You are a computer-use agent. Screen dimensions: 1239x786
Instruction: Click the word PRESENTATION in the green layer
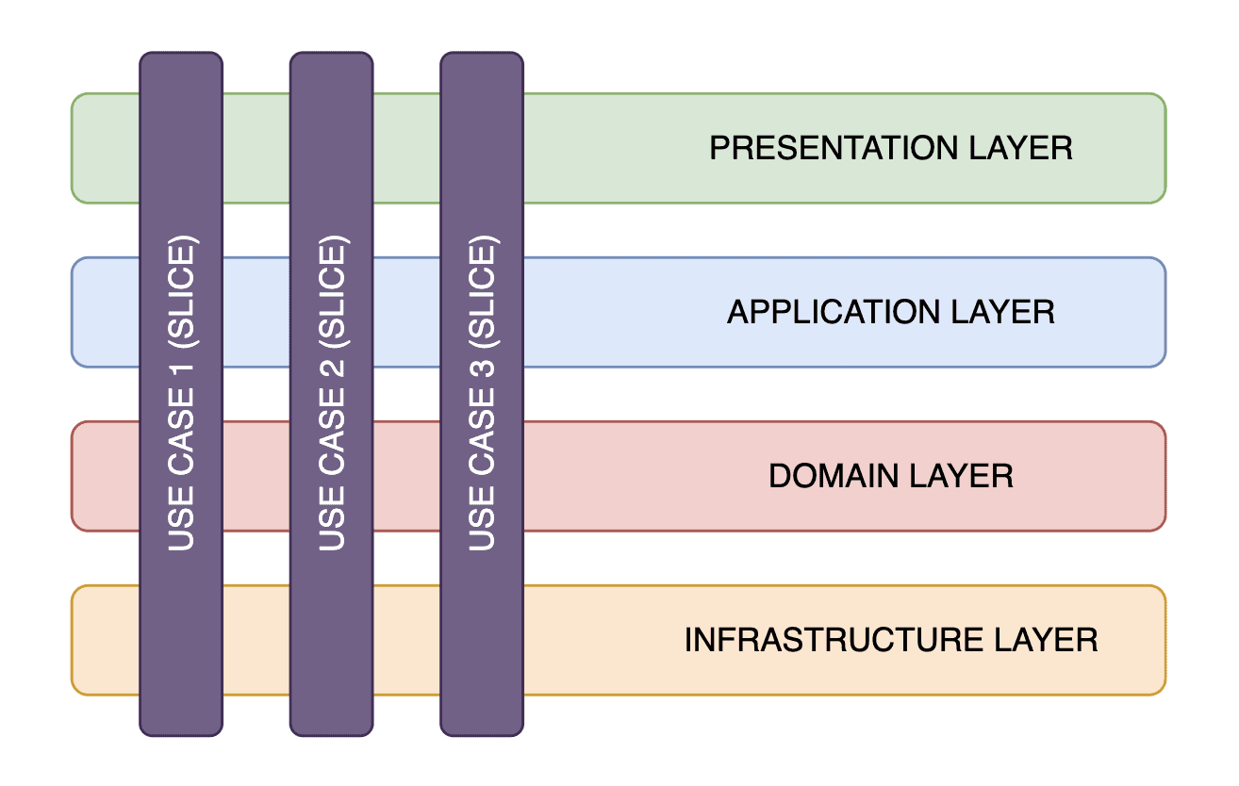[834, 148]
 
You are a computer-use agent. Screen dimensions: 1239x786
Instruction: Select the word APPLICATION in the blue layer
[834, 312]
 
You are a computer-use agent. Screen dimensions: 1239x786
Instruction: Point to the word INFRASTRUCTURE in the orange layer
[834, 640]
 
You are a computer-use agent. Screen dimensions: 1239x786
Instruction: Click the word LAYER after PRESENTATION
[1021, 148]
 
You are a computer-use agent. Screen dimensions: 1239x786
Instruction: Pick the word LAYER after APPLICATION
[1003, 312]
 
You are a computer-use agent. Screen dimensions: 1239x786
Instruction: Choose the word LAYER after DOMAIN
[962, 476]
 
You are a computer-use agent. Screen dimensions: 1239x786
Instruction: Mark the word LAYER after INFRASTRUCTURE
[1046, 640]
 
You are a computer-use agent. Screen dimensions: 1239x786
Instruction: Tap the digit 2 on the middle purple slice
[332, 368]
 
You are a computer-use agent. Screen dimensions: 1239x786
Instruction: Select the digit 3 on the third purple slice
[482, 368]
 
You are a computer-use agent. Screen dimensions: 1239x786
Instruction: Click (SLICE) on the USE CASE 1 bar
[181, 292]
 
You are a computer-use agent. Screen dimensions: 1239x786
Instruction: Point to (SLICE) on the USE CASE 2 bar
[333, 292]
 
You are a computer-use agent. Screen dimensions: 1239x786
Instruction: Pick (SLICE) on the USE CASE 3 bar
[483, 292]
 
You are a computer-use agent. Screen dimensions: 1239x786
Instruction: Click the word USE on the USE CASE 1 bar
[181, 518]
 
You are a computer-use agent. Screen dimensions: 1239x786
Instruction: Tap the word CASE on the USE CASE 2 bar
[332, 432]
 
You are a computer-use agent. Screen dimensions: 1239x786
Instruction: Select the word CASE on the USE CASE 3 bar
[482, 432]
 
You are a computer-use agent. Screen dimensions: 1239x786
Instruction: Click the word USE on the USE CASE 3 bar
[482, 518]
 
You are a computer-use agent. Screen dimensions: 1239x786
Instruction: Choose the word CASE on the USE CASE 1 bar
[181, 432]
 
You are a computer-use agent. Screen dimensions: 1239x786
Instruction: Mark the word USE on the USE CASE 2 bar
[332, 518]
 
